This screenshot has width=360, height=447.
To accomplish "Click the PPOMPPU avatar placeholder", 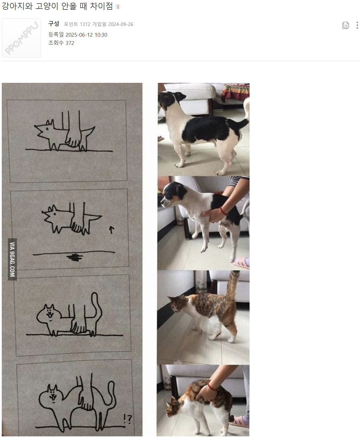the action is [21, 38].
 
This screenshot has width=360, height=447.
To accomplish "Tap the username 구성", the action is [54, 24].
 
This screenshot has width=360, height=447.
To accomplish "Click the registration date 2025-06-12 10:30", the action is [86, 35].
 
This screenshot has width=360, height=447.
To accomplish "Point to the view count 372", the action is [70, 43].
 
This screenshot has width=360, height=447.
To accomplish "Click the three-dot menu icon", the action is [357, 25].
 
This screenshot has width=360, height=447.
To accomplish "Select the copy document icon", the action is [345, 25].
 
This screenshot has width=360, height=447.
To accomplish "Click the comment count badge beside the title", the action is [118, 7].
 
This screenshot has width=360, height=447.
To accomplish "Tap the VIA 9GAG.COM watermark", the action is [12, 259].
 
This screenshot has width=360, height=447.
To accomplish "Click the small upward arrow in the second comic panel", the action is [112, 230].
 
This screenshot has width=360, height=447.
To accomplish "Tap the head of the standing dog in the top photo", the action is [171, 99].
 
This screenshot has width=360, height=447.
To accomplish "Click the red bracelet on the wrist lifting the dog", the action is [223, 211].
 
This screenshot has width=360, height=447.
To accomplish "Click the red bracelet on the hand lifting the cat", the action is [212, 387].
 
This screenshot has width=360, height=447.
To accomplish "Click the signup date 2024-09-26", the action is [120, 24].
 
